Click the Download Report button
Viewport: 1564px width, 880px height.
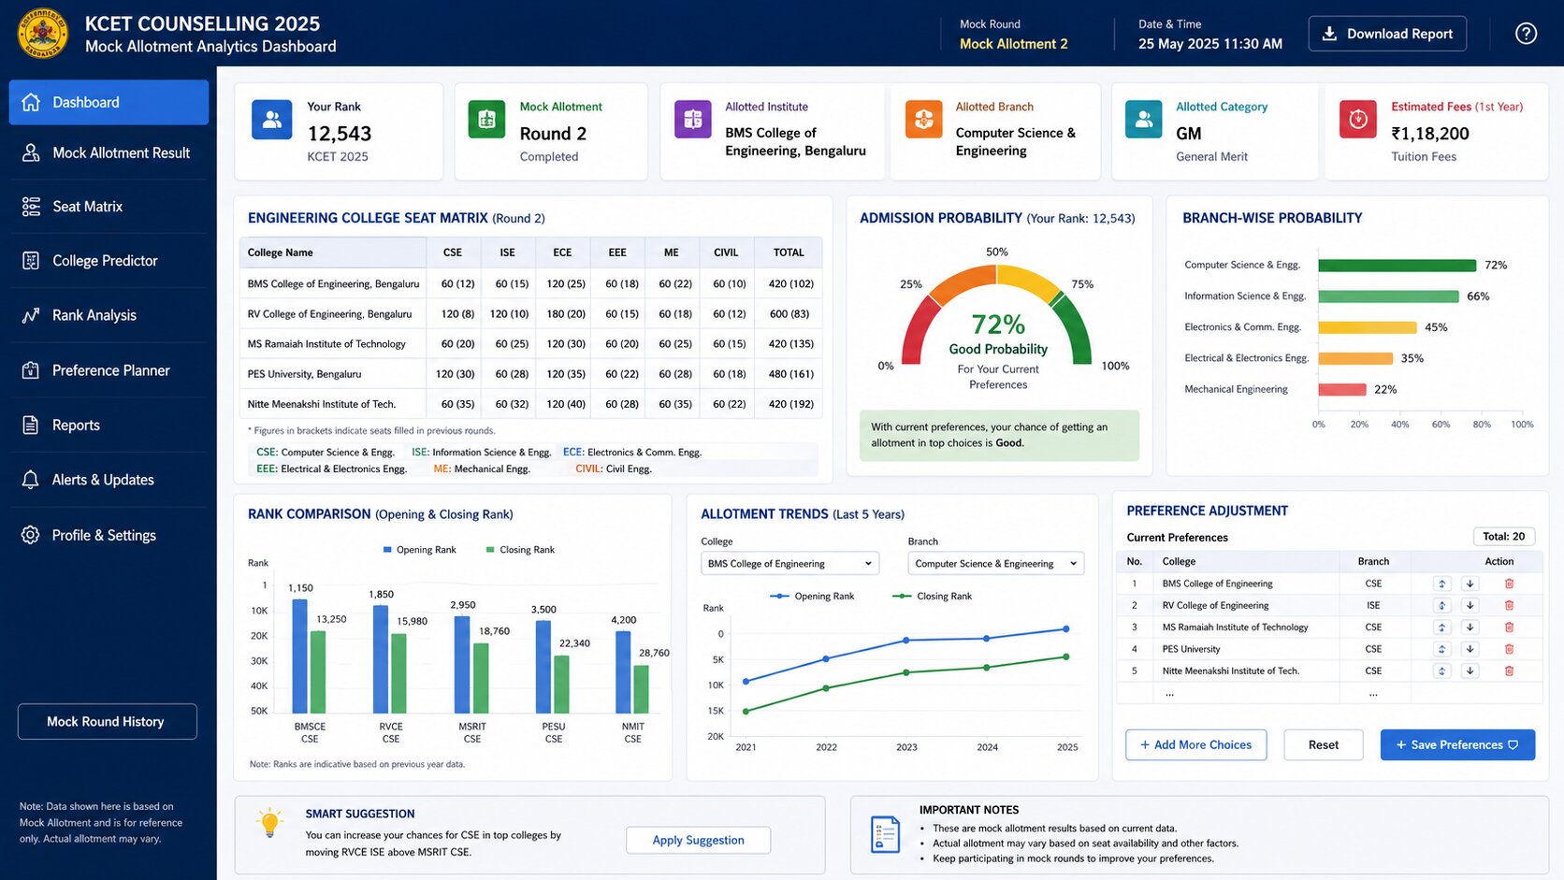[1386, 34]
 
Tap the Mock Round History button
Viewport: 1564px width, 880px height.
[107, 721]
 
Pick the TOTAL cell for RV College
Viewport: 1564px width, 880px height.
[789, 314]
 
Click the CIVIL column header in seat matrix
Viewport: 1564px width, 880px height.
[726, 252]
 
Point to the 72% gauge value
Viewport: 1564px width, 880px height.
[998, 325]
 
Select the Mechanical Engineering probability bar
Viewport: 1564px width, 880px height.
[1342, 389]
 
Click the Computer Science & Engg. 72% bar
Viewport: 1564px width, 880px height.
[1397, 266]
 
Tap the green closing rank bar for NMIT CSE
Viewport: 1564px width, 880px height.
[641, 689]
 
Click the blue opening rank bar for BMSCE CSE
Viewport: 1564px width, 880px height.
[299, 656]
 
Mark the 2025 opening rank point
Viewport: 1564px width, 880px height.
[1066, 628]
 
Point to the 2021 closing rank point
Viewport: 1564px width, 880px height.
[746, 711]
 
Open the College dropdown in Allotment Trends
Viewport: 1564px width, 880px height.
[789, 563]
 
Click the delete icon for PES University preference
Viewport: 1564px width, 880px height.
[1509, 649]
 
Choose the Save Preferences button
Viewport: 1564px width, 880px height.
[1457, 744]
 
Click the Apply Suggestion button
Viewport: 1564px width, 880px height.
[698, 840]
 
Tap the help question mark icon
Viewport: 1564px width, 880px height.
[1526, 34]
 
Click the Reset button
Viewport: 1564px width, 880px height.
[1323, 744]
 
